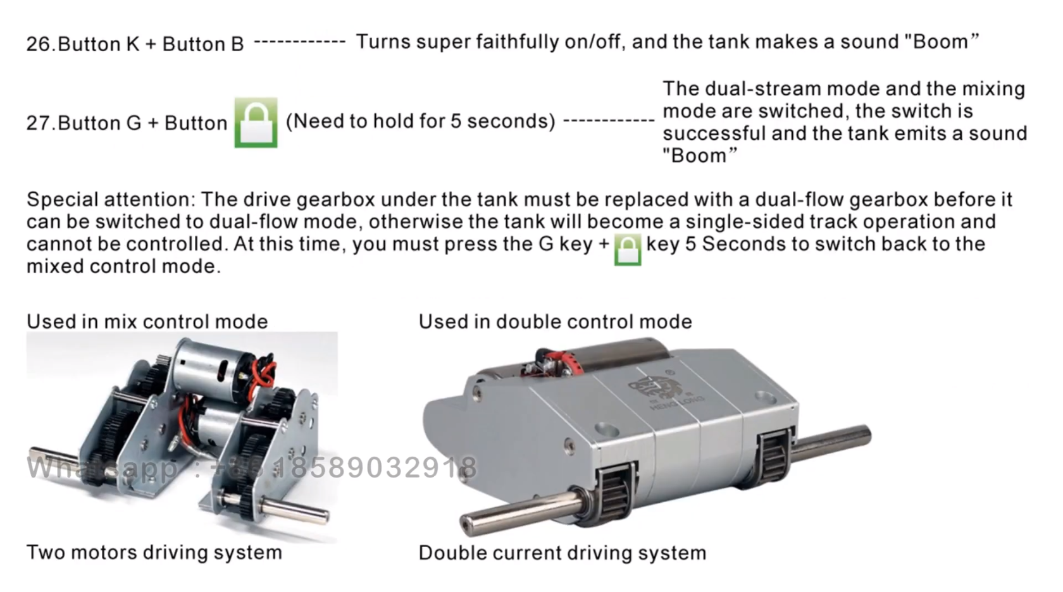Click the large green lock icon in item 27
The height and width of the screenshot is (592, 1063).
[x=256, y=123]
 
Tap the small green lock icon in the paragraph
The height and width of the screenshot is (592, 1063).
[x=628, y=249]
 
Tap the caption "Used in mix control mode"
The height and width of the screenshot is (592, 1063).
[x=147, y=321]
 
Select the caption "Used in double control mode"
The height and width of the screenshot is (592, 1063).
[x=556, y=321]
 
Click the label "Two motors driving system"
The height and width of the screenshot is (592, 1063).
[x=154, y=553]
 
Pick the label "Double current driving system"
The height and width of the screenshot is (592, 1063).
[x=563, y=553]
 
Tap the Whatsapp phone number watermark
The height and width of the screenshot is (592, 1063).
[x=252, y=467]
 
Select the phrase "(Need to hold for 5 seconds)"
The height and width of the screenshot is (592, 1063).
[x=420, y=121]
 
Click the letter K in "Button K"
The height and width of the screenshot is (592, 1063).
[x=133, y=44]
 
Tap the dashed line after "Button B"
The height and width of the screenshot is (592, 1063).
[x=300, y=42]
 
